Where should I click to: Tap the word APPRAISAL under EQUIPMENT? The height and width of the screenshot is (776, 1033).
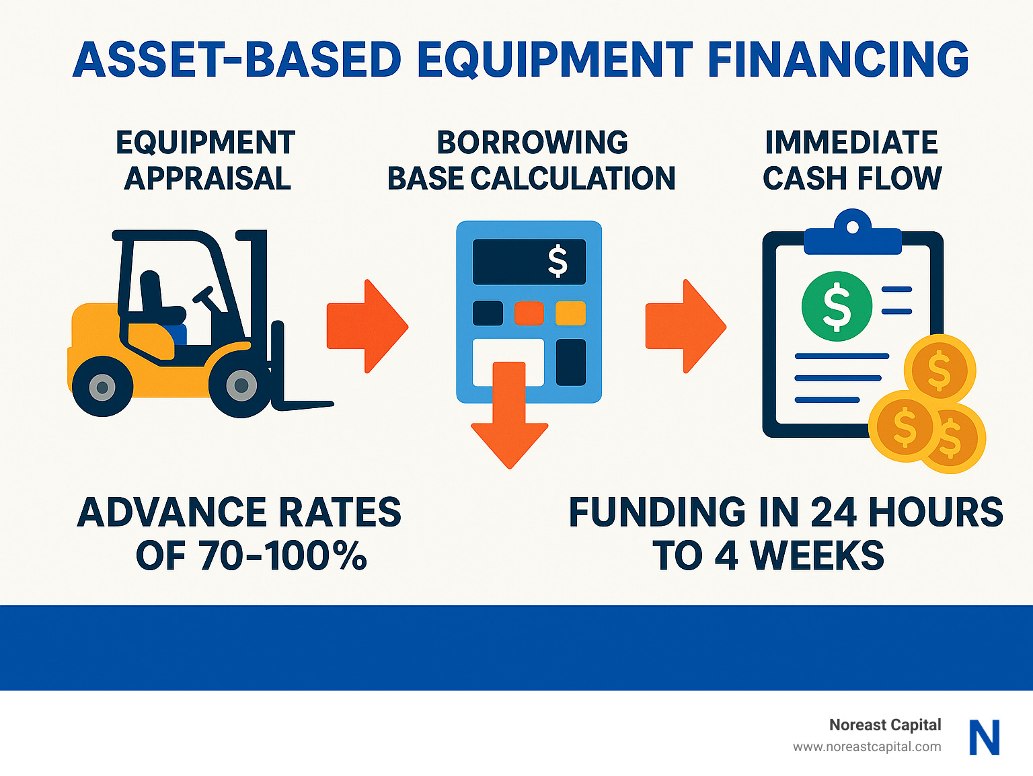coord(207,179)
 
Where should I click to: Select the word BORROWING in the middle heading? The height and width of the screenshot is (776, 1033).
coord(532,143)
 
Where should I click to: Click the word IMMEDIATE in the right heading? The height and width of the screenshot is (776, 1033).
coord(851,143)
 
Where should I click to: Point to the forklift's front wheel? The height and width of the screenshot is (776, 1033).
coord(241,386)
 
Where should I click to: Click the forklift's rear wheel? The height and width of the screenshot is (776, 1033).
coord(102,387)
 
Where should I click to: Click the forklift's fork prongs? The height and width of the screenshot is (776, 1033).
coord(303,404)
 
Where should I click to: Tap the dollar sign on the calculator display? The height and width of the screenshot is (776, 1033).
coord(558,262)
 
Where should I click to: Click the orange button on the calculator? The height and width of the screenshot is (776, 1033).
coord(529,313)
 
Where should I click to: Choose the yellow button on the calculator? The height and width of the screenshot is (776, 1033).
coord(570,313)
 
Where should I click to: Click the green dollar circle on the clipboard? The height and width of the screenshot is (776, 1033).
coord(837,306)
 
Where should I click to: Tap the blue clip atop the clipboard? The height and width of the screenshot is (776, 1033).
coord(852,235)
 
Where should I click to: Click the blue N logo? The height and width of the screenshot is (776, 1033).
coord(984,737)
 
